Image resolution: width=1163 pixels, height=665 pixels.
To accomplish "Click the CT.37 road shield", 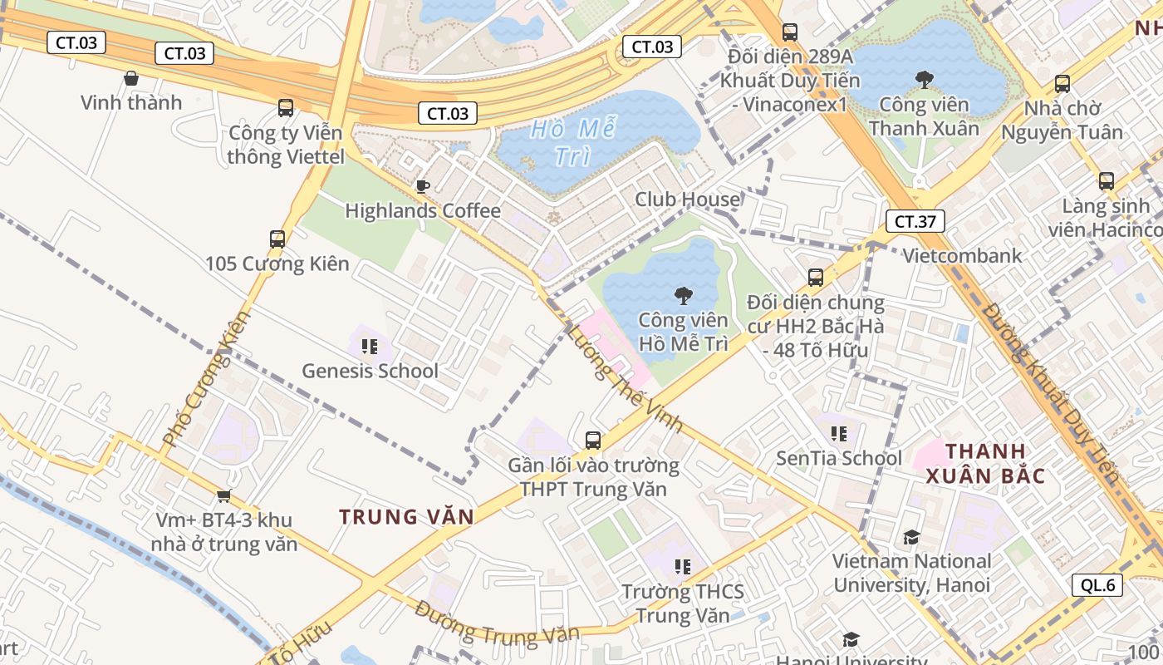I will (915, 222).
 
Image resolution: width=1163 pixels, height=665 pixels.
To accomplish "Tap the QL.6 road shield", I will (1098, 585).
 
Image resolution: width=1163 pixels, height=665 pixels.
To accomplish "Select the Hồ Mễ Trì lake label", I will (573, 142).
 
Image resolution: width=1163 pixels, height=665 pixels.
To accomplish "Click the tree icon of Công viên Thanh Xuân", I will (924, 80).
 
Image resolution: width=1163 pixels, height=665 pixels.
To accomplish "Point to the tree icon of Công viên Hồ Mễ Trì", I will (683, 295).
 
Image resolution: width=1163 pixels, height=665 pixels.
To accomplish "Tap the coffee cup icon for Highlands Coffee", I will (422, 186).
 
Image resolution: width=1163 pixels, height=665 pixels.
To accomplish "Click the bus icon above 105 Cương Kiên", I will (277, 239).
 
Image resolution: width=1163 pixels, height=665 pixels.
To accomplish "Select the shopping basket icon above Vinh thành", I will (131, 79).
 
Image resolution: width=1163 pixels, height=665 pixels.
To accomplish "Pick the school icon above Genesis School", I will (370, 346).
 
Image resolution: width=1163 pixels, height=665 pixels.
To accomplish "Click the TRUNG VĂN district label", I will (406, 517).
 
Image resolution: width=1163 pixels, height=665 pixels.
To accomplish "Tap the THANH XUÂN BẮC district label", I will (985, 464).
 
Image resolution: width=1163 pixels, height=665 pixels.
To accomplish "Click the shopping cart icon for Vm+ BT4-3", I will (223, 496).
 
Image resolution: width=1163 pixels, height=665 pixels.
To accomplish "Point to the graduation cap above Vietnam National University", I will (911, 537).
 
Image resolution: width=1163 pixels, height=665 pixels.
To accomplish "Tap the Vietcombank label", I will (962, 256).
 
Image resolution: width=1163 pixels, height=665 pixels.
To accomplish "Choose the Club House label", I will (687, 199).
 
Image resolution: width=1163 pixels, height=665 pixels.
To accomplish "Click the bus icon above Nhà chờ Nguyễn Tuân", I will (1062, 84).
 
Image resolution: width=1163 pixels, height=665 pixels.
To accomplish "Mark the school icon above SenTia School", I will (838, 434).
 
